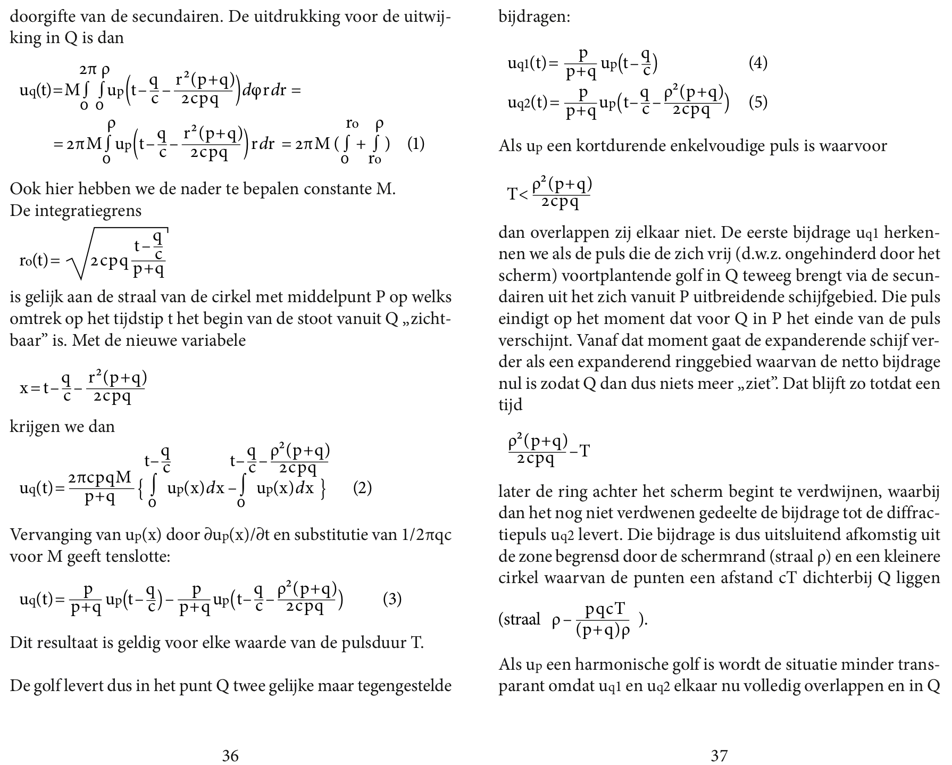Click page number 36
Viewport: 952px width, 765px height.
230,755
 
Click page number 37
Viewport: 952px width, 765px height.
719,755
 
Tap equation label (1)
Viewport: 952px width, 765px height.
415,144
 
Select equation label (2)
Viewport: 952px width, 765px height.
362,488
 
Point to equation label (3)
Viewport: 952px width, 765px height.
392,600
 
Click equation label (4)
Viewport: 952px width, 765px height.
758,63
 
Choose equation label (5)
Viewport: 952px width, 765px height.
758,102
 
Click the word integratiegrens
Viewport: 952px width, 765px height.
88,211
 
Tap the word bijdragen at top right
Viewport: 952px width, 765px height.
533,17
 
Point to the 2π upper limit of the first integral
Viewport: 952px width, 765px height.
88,70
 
